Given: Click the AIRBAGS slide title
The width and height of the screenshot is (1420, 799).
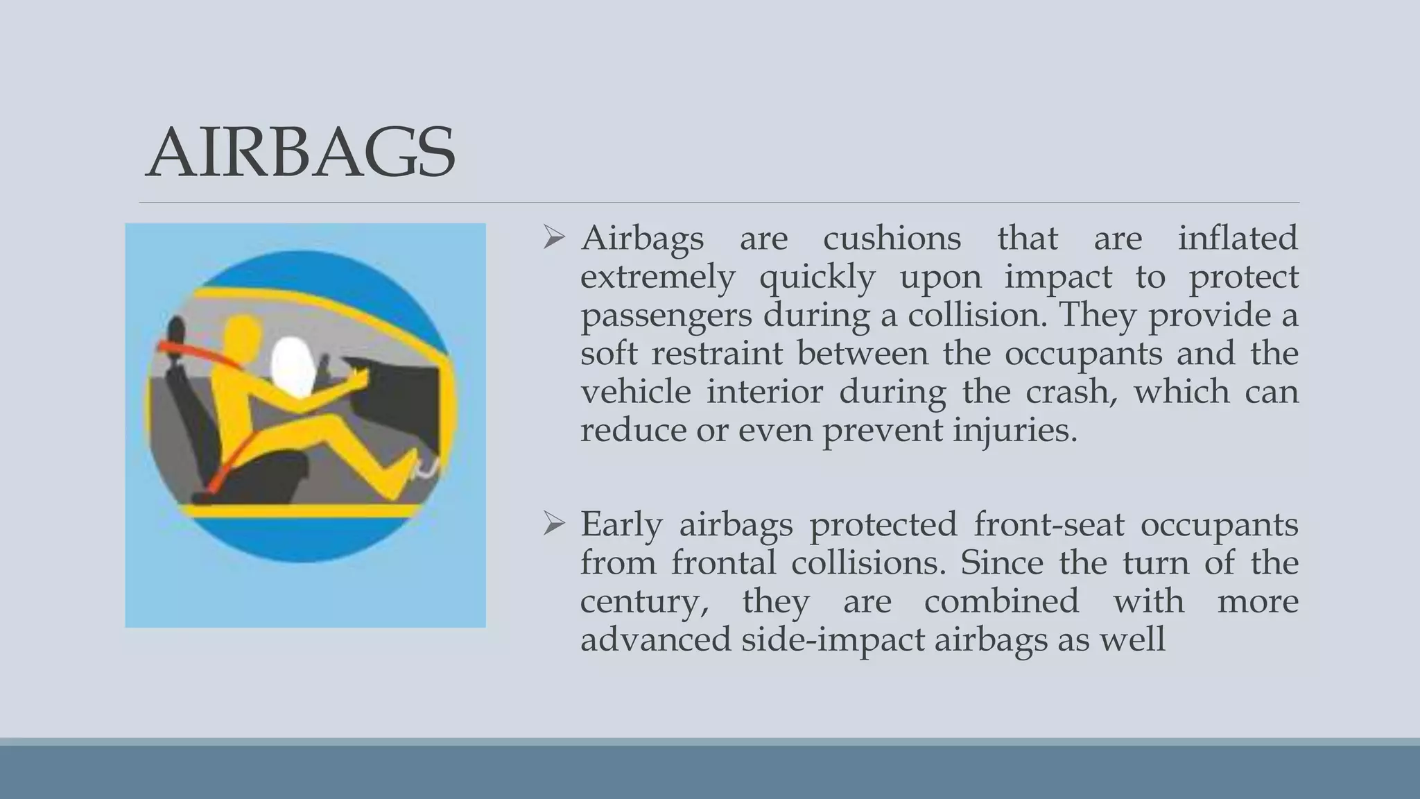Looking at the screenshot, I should (300, 153).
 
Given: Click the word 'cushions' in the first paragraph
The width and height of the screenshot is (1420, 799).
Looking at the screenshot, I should (892, 239).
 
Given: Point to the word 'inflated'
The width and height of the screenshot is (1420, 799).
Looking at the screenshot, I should (1237, 239).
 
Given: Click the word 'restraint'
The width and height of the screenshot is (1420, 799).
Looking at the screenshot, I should (717, 353).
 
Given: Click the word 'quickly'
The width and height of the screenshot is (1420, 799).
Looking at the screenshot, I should (817, 277).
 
